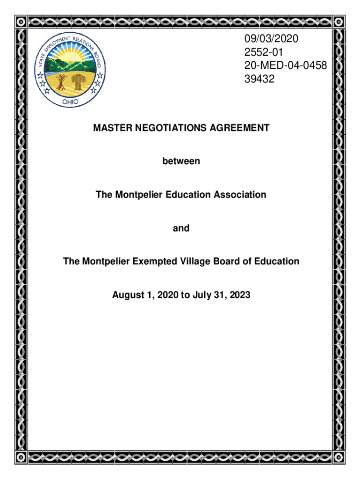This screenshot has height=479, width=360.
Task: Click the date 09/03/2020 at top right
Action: (x=271, y=39)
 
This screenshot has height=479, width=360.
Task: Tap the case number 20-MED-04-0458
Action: (x=285, y=66)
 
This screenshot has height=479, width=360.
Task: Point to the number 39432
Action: (x=259, y=80)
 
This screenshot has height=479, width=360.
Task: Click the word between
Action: (x=181, y=161)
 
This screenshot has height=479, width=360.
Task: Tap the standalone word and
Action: (x=181, y=228)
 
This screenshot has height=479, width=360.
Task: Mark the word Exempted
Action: (x=145, y=261)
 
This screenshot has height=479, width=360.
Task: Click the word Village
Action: (x=187, y=261)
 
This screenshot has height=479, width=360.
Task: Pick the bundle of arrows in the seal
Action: (x=60, y=82)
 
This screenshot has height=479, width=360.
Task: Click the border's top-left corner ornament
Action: (x=21, y=22)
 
